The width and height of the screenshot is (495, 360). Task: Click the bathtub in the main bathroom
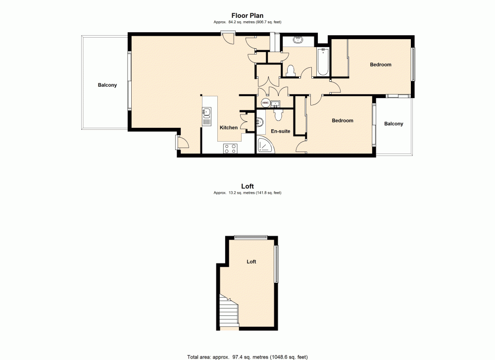[x=323, y=62]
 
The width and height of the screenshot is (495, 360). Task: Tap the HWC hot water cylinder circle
[x=265, y=103]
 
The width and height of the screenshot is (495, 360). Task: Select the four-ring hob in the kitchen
[x=230, y=148]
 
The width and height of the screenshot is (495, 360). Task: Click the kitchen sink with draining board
[x=206, y=117]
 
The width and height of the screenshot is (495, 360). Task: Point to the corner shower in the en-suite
[x=264, y=146]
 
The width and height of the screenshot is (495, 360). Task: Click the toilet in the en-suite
[x=278, y=114]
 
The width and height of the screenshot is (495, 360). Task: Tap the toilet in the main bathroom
[x=291, y=70]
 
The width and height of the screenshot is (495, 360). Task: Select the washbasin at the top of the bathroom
[x=298, y=40]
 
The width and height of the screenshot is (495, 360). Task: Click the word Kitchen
[x=229, y=128]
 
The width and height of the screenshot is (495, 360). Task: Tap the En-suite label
[x=280, y=131]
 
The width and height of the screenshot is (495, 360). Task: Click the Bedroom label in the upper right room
[x=381, y=65]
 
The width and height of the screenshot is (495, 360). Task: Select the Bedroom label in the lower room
[x=343, y=121]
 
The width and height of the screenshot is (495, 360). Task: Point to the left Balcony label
[x=107, y=85]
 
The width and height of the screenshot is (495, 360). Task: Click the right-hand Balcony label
[x=394, y=124]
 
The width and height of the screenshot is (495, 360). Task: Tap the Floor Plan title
[x=247, y=15]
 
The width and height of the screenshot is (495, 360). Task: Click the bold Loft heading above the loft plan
[x=247, y=186]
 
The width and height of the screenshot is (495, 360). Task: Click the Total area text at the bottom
[x=247, y=356]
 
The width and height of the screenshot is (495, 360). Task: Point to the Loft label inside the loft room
[x=251, y=261]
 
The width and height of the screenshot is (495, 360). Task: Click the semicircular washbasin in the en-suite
[x=260, y=121]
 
